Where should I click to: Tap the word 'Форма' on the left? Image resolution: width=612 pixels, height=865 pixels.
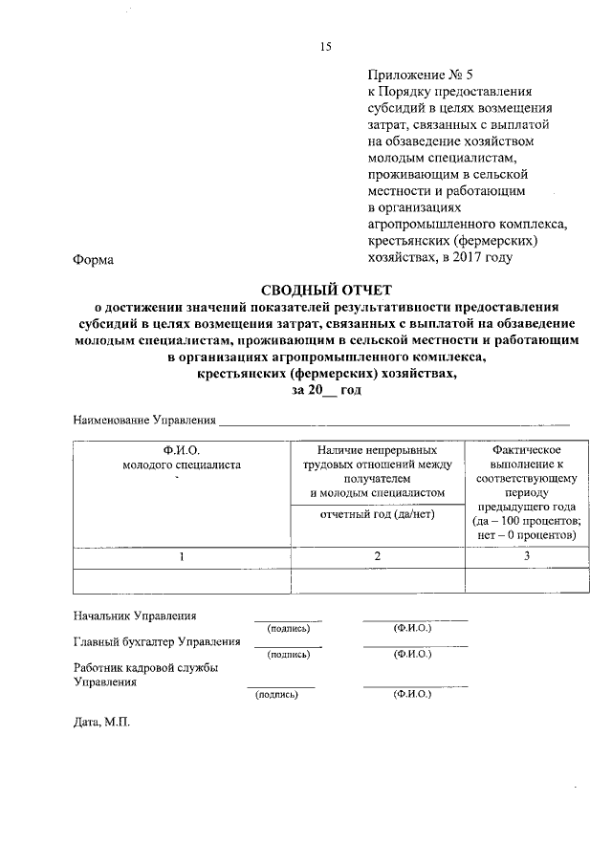93,258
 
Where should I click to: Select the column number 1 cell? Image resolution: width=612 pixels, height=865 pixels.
181,555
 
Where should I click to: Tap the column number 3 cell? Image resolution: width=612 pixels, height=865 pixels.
526,555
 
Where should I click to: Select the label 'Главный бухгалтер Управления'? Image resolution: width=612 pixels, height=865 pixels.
157,641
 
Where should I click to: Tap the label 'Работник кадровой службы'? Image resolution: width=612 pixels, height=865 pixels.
146,668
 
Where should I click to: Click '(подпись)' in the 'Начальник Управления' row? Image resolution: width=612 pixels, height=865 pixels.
288,628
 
